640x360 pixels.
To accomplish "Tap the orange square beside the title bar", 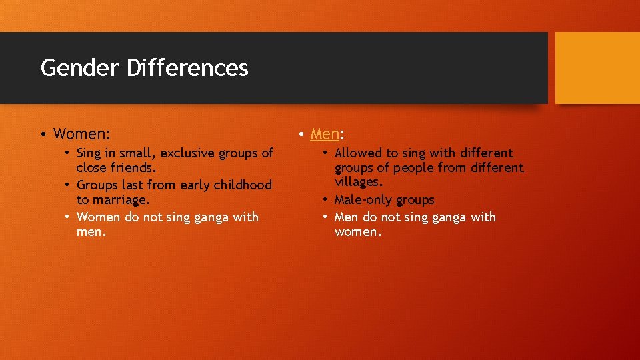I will click(597, 68).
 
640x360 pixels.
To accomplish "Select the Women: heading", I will click(81, 134).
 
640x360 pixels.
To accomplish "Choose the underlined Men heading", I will click(325, 134).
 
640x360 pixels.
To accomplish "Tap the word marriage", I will click(121, 200).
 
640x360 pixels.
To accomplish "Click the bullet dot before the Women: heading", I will click(42, 135).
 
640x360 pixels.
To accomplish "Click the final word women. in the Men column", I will click(358, 232).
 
